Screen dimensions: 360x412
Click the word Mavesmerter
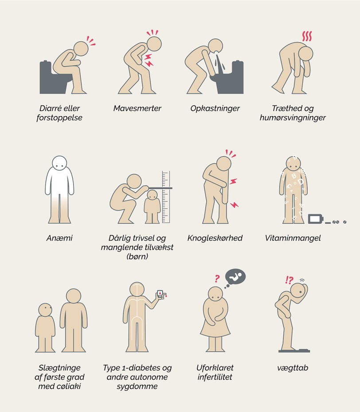tap(137, 108)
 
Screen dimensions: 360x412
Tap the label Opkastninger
tap(215, 109)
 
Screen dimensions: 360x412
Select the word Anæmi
tap(59, 238)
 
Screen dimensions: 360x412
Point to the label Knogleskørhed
tap(215, 238)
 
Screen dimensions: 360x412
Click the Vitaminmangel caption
tap(293, 238)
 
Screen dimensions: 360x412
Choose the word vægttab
tap(293, 368)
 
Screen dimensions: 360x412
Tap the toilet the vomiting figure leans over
tap(228, 78)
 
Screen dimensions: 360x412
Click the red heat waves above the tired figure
tap(307, 36)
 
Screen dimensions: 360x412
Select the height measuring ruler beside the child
tap(166, 197)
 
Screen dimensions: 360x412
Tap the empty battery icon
tap(316, 219)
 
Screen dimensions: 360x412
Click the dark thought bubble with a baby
tap(235, 277)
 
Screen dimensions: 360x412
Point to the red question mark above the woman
tap(217, 278)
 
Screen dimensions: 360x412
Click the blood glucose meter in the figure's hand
tap(160, 294)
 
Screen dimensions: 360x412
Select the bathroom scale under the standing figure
tap(294, 350)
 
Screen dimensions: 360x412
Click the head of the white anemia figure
tap(59, 163)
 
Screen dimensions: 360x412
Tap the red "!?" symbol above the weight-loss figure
tap(289, 280)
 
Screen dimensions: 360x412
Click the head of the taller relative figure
tap(74, 296)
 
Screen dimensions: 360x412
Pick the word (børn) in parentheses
tap(137, 257)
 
